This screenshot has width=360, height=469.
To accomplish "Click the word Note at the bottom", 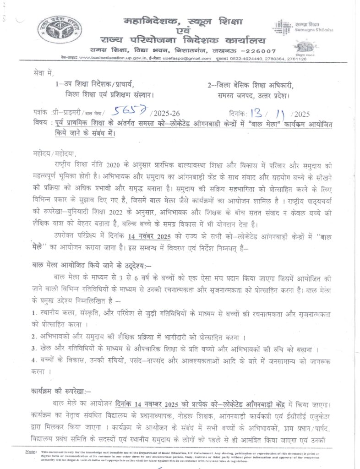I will coord(30,452).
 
